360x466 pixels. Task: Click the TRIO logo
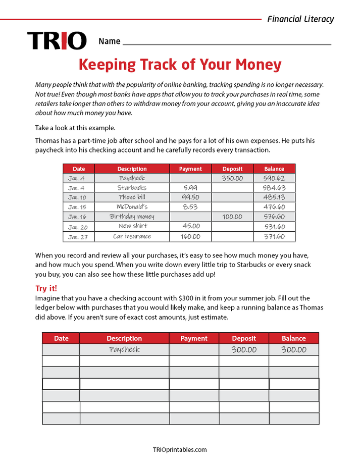click(x=57, y=41)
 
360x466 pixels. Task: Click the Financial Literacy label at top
click(x=300, y=19)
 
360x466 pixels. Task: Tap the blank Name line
click(x=227, y=41)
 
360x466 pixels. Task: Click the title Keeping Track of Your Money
click(x=180, y=65)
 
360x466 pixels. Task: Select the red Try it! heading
click(x=46, y=288)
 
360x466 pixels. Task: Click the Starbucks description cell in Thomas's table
click(x=132, y=188)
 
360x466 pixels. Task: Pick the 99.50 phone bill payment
click(x=190, y=197)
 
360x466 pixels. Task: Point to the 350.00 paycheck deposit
click(x=232, y=178)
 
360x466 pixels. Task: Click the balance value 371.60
click(x=274, y=236)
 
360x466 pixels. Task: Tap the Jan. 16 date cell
click(x=78, y=217)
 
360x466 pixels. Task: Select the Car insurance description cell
click(x=132, y=236)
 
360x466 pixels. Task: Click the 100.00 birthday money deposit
click(x=232, y=217)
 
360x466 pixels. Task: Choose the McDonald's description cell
click(x=132, y=207)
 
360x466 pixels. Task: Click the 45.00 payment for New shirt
click(x=190, y=227)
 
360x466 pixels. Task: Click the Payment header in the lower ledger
click(x=194, y=338)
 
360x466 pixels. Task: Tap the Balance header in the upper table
click(x=274, y=169)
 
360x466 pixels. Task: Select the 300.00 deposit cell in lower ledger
click(x=244, y=350)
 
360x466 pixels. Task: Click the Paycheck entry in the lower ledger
click(x=124, y=350)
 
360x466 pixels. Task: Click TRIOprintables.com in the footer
click(x=180, y=450)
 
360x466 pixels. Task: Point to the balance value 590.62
click(x=274, y=178)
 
